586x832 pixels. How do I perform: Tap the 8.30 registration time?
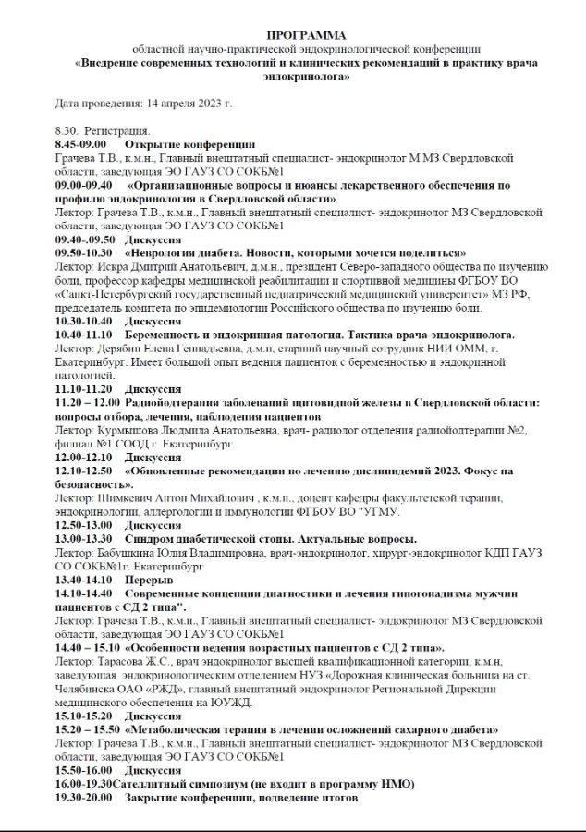coord(68,131)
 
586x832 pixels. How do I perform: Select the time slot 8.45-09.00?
coord(81,144)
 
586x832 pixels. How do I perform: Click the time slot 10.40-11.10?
coord(83,335)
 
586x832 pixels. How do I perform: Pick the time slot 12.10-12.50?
coord(83,471)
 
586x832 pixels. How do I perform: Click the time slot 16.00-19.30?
coord(83,784)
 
